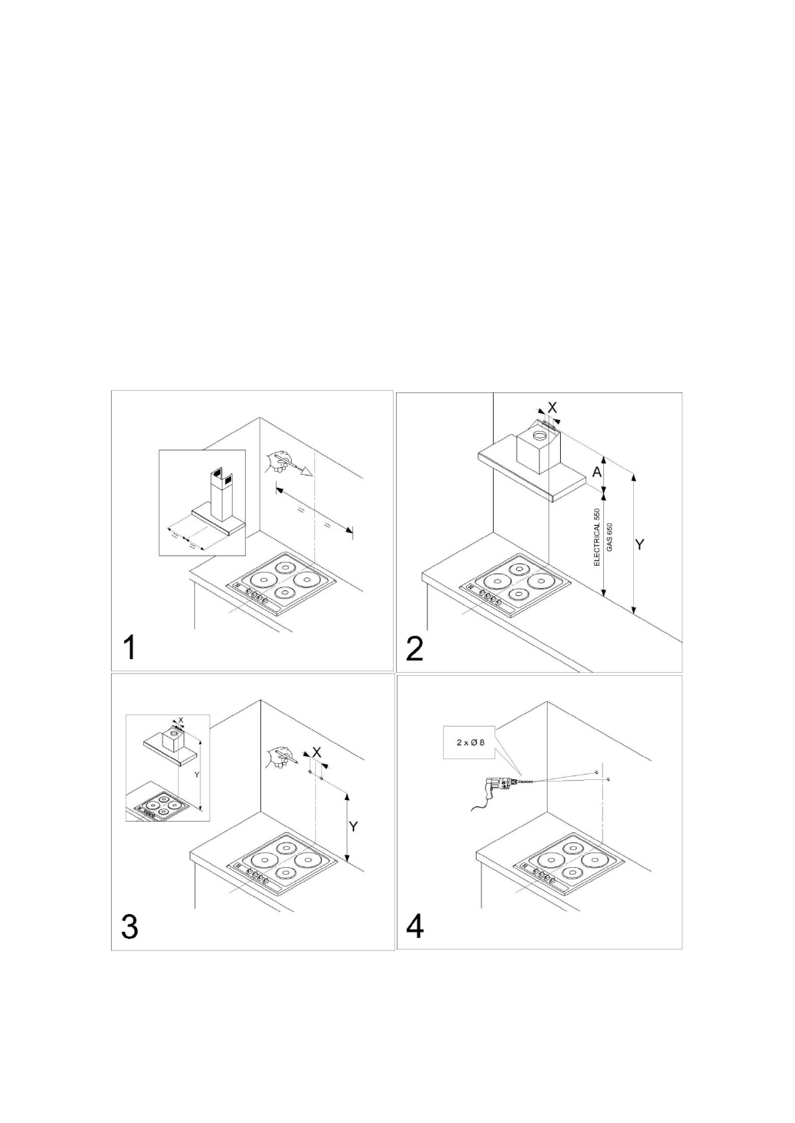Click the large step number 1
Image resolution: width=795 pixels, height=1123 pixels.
coord(132,646)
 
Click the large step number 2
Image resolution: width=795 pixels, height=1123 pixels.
coord(414,647)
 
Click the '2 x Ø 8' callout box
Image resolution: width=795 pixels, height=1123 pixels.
coord(470,743)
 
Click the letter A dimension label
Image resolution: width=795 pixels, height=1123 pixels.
coord(596,472)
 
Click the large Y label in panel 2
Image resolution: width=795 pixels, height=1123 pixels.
coord(639,544)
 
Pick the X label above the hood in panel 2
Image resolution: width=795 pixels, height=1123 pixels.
coord(552,405)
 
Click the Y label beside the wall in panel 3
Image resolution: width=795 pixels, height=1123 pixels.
coord(354,826)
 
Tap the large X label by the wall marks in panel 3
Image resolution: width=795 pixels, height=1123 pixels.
coord(317,751)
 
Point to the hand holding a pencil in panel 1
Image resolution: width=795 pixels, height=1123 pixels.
coord(276,463)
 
